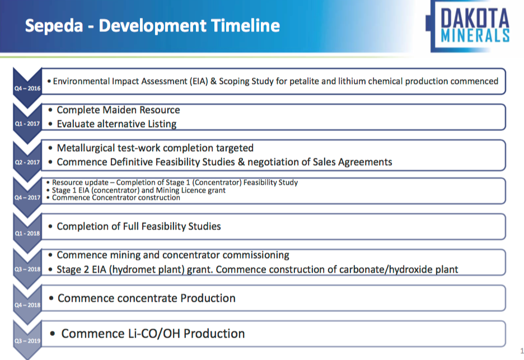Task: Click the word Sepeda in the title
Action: tap(54, 26)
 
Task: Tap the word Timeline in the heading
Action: tap(245, 25)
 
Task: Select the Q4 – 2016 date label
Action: tap(27, 88)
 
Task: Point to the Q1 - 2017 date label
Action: tap(27, 124)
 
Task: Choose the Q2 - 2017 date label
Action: tap(27, 162)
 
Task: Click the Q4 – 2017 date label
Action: tap(27, 198)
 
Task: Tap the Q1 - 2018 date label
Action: tap(27, 233)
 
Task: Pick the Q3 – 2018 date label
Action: tap(27, 269)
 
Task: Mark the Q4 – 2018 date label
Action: tap(27, 305)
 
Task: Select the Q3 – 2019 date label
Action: tap(27, 341)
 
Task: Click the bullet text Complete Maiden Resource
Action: tap(118, 110)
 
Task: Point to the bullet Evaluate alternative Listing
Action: tap(116, 124)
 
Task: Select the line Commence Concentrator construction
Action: tap(116, 198)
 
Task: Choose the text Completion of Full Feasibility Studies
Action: tap(139, 227)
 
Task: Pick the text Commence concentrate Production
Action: tap(146, 298)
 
